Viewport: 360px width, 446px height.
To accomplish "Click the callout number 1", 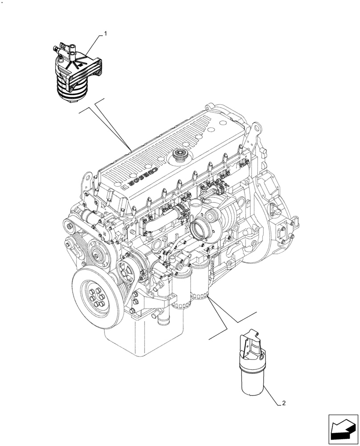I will (106, 33).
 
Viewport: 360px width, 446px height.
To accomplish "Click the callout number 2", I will (284, 403).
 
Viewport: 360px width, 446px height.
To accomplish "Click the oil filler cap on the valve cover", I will (181, 157).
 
